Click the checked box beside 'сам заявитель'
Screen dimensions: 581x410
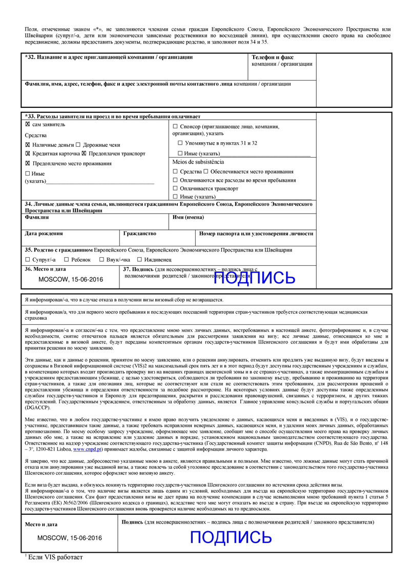tap(28, 125)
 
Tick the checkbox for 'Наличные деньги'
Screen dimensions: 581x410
tap(28, 145)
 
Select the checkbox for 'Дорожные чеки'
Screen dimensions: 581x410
tap(78, 145)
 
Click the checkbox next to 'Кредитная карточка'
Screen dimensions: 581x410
tap(28, 153)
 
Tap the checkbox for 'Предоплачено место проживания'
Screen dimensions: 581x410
tap(28, 163)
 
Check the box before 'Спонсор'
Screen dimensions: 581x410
tap(175, 126)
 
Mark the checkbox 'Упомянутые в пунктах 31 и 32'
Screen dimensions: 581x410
tap(180, 143)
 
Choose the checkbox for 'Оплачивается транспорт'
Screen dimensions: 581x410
tap(175, 188)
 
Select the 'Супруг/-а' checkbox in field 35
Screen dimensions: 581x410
tap(28, 260)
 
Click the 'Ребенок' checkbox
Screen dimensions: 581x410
tap(67, 260)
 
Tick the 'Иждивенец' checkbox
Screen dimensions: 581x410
tap(139, 260)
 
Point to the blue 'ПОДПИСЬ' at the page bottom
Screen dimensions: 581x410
tap(231, 537)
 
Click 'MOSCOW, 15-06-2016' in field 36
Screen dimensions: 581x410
tap(71, 280)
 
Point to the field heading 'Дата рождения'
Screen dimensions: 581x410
tap(44, 233)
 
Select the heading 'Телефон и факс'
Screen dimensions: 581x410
tap(273, 57)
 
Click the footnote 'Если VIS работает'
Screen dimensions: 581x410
tap(55, 557)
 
